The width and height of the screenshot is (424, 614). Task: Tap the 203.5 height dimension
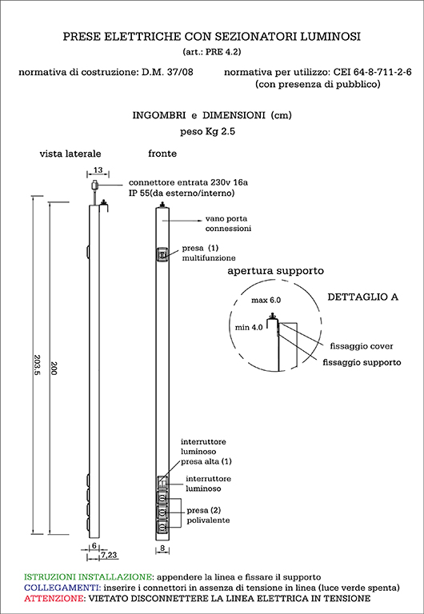pos(38,366)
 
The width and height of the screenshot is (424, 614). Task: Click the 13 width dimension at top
pos(98,170)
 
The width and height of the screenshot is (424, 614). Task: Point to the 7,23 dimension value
pos(110,555)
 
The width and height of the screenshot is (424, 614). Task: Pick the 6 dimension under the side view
pos(94,545)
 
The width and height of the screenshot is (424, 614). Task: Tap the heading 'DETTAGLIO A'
pos(363,297)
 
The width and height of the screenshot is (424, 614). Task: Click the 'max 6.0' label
pos(266,301)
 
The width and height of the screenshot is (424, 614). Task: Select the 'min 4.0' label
pos(249,327)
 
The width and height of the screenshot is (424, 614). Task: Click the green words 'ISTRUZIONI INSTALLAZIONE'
pos(88,576)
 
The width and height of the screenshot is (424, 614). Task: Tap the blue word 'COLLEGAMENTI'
pos(62,588)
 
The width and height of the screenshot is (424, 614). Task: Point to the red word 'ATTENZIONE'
pos(53,598)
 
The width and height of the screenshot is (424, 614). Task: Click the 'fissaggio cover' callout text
pos(362,346)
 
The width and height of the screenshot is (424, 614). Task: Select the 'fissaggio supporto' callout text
pos(362,362)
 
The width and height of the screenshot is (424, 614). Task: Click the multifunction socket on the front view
pos(162,255)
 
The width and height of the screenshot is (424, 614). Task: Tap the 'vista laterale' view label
pos(70,153)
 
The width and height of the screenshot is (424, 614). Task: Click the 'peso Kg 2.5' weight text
pos(207,132)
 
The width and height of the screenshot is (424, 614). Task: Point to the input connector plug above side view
pos(94,185)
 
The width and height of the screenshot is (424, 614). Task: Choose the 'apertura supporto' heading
pos(275,271)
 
